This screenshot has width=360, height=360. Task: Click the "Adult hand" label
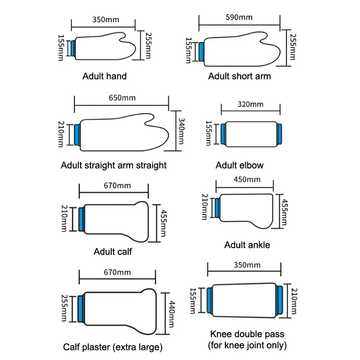(x=104, y=76)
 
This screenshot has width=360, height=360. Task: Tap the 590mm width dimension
(x=239, y=18)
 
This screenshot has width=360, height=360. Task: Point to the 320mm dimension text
(x=250, y=104)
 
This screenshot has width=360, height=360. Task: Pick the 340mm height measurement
(x=180, y=131)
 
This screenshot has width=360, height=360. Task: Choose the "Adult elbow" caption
(x=239, y=165)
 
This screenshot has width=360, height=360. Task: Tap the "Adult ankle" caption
(x=247, y=245)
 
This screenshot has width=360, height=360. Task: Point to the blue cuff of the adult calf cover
(x=81, y=219)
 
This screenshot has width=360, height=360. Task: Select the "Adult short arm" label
(x=239, y=76)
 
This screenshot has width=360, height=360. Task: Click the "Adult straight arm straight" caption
(x=113, y=165)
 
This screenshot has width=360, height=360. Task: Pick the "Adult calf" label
(x=112, y=252)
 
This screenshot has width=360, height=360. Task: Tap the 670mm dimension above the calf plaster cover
(x=117, y=272)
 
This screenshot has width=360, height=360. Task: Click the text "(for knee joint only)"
(x=248, y=346)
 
